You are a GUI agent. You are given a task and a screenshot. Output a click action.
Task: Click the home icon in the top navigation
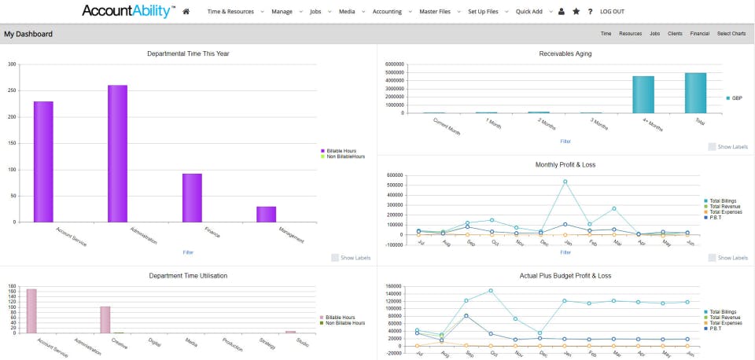(x=186, y=12)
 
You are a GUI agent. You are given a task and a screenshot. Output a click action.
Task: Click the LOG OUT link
(x=612, y=12)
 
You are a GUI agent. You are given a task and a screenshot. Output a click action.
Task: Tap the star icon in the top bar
(x=576, y=12)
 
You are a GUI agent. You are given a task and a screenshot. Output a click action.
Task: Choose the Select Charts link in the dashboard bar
(x=731, y=34)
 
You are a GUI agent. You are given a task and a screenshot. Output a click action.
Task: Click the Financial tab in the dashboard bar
(x=699, y=34)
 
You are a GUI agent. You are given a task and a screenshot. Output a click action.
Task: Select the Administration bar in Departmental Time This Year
(x=118, y=153)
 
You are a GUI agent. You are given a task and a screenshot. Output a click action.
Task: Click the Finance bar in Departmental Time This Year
(x=192, y=197)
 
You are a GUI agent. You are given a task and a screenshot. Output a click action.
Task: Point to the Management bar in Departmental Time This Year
(x=267, y=214)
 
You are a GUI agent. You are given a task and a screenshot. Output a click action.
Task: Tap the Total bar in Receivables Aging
(x=695, y=93)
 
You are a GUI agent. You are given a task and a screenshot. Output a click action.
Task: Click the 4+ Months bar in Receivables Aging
(x=643, y=94)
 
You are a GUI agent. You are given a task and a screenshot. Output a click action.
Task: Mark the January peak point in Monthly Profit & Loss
(x=565, y=182)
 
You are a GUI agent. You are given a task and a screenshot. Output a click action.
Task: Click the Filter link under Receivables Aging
(x=565, y=141)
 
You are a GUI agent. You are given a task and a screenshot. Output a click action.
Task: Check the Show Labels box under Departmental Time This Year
(x=336, y=257)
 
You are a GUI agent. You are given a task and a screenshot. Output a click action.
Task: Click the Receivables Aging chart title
(x=565, y=53)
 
